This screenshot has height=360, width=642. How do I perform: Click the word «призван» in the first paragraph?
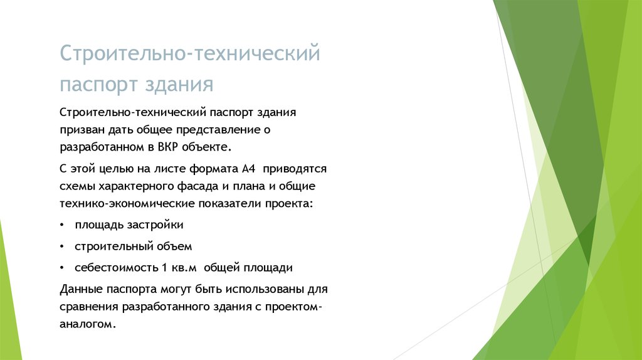(x=82, y=130)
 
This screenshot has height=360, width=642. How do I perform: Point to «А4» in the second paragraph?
(x=248, y=169)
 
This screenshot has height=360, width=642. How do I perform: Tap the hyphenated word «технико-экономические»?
(x=127, y=204)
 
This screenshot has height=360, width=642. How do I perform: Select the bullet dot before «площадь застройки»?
(x=62, y=225)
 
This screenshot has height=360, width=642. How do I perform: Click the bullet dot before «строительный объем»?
(x=62, y=246)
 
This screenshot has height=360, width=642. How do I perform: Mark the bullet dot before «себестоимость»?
(x=62, y=268)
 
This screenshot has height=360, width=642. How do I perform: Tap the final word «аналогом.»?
(x=88, y=324)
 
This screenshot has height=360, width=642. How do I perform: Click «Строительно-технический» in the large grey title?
(x=190, y=53)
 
